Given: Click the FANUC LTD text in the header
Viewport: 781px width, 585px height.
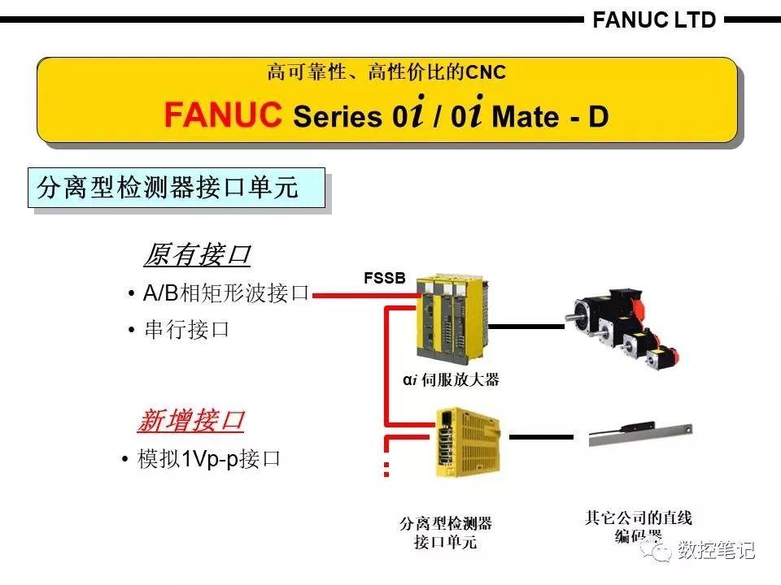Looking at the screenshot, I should [x=654, y=19].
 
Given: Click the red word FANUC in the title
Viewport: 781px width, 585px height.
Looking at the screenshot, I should [x=222, y=115].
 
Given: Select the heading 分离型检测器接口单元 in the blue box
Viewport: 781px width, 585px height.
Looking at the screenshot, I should [x=168, y=188].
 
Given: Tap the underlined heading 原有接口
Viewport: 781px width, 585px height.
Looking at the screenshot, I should [x=196, y=255].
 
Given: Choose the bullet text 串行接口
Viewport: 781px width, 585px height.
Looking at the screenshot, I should [x=186, y=330].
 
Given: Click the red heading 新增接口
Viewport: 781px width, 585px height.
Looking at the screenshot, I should [x=190, y=421].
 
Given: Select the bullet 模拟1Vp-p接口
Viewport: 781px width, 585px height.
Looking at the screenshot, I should [x=209, y=459].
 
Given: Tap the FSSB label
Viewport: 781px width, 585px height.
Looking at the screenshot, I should [x=384, y=279].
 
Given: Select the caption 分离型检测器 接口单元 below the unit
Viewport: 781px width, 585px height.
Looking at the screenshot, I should [x=445, y=532].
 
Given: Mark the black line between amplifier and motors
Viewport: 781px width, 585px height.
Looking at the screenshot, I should [x=526, y=327].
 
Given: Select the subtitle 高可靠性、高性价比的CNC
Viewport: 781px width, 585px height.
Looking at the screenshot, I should [x=386, y=73].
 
